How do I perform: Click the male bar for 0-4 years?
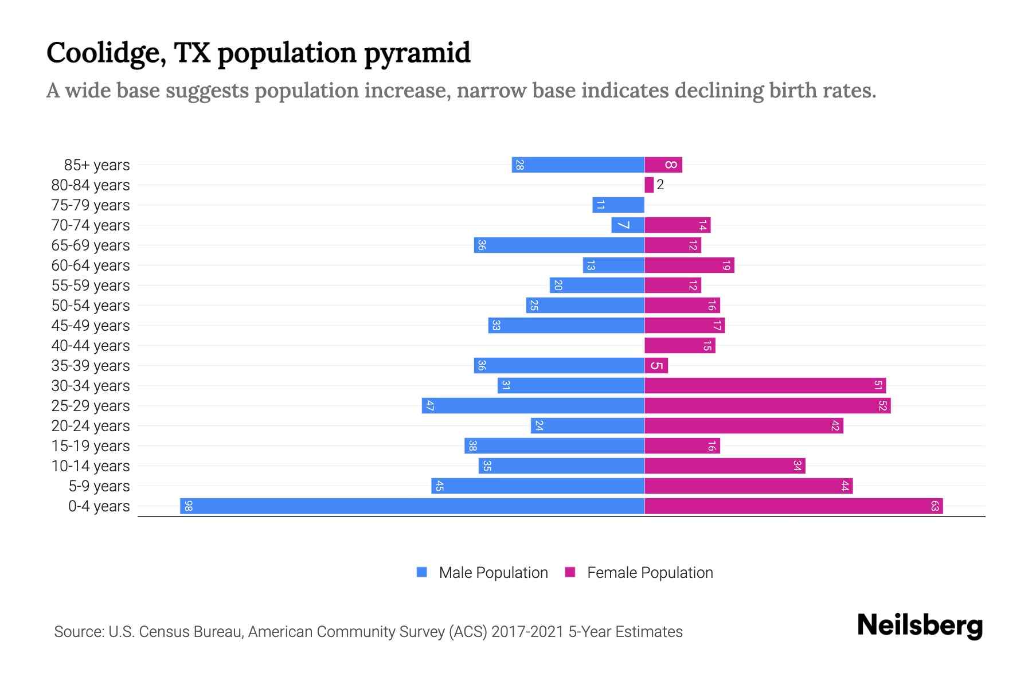(412, 506)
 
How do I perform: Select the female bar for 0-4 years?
(793, 506)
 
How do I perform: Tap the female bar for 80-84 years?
(649, 185)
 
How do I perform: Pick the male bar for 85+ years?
(578, 165)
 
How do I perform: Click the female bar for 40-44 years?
(679, 345)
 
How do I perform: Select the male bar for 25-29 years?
(533, 406)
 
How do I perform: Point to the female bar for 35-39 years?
(656, 366)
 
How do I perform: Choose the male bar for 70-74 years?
(628, 225)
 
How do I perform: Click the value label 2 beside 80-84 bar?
(660, 185)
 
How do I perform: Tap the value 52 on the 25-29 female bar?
(882, 406)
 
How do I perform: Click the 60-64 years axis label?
(91, 265)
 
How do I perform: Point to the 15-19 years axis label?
(91, 446)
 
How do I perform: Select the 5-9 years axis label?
(99, 486)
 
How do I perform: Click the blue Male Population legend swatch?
(422, 572)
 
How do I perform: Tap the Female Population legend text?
(650, 573)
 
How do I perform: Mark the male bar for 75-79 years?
(618, 205)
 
